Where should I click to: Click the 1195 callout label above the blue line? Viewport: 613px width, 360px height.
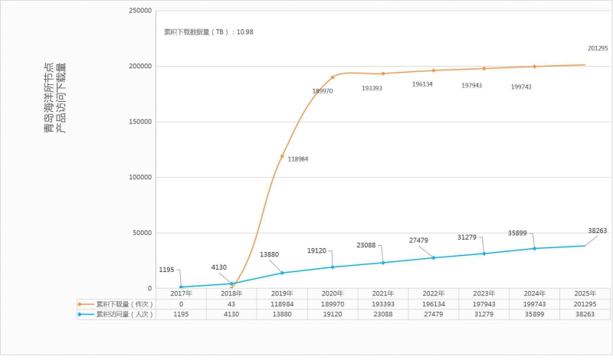[167, 270]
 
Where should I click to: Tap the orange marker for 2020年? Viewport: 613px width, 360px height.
[333, 77]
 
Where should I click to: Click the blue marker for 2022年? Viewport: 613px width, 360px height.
[434, 257]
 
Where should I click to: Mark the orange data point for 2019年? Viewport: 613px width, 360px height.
[282, 155]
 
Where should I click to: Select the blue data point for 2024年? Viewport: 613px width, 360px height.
[535, 248]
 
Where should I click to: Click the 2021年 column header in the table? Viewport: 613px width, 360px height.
[383, 293]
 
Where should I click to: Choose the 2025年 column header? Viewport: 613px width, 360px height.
[585, 293]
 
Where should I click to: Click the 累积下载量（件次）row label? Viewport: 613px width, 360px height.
[120, 304]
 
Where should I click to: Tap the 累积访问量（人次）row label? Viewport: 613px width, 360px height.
[120, 314]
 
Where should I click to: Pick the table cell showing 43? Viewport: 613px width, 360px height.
[231, 304]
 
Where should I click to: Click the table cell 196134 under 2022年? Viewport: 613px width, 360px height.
[434, 304]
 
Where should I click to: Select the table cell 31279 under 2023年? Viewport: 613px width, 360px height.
[484, 314]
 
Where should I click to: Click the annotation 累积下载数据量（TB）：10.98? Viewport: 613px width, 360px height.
[208, 32]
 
